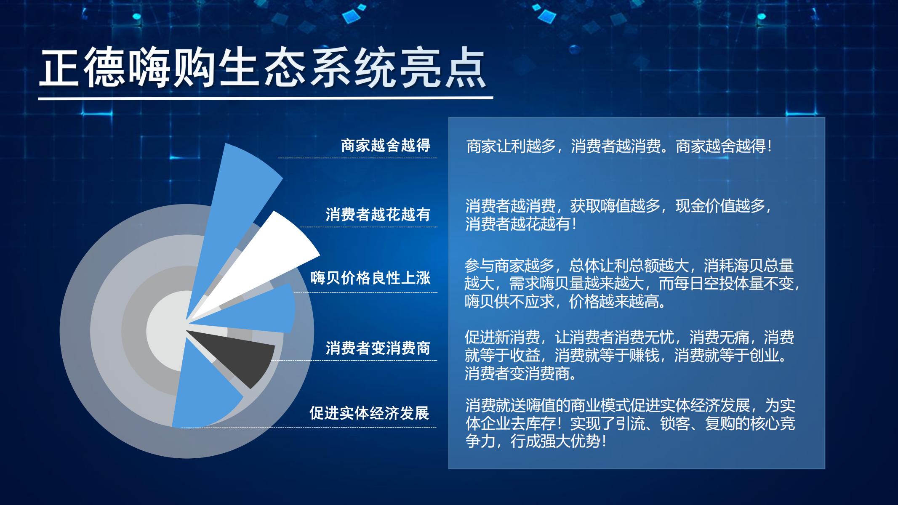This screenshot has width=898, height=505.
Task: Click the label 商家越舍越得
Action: coord(386,145)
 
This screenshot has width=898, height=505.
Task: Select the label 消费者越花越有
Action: coord(378,214)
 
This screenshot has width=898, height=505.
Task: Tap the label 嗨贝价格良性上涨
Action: coord(371,278)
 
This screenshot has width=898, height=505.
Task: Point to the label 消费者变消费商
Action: coord(378,348)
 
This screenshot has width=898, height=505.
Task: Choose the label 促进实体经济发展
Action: coord(369,413)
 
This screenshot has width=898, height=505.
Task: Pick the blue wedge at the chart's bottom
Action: coord(202,391)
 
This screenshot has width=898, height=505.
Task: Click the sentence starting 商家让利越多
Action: coord(619,146)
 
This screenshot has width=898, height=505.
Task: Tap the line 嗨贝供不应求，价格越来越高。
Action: coord(566,302)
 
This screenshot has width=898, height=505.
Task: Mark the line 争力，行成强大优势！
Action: coord(536,441)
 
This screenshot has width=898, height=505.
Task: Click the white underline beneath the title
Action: coord(265,99)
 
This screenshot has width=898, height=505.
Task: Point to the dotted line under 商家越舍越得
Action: coord(357,158)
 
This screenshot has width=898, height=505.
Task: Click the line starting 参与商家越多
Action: coord(629,266)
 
